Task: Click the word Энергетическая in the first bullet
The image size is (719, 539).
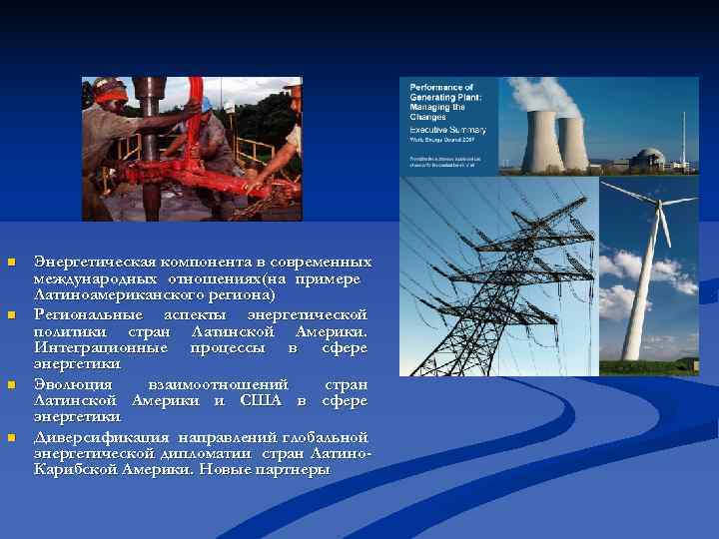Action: pyautogui.click(x=84, y=262)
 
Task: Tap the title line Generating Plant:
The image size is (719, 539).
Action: pyautogui.click(x=443, y=98)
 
